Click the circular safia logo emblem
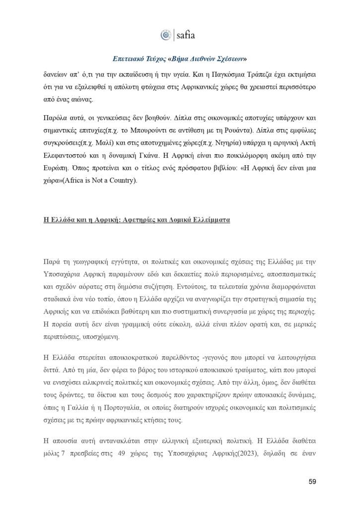point(165,35)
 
